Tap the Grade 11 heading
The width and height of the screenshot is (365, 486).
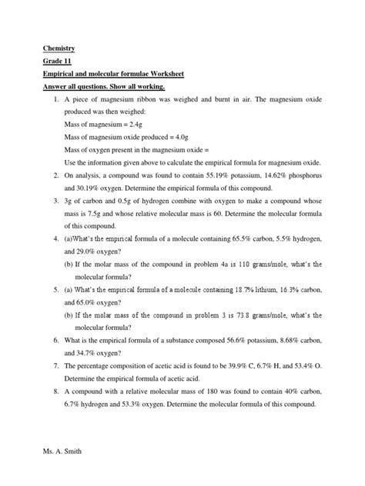pos(47,61)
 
